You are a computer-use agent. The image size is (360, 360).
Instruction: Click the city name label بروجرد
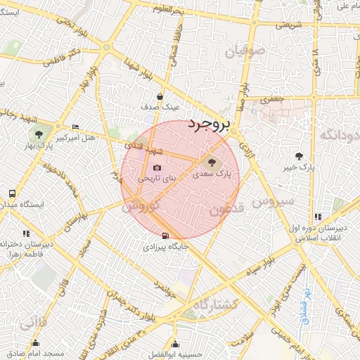pos(209,125)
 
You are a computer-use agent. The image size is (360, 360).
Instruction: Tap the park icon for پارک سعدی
pos(214,163)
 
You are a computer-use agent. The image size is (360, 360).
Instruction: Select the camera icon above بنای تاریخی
pos(157,168)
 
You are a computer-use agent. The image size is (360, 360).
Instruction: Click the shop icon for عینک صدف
pos(161,97)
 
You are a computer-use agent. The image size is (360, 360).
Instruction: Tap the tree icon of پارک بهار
pos(39,134)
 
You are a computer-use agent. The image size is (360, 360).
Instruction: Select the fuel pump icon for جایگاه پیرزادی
pos(165,236)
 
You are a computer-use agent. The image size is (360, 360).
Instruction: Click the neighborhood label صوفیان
pos(245,51)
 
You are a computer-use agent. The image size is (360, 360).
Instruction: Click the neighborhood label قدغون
pos(226,210)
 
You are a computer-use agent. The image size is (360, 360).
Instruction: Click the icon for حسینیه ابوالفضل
pos(175,344)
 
